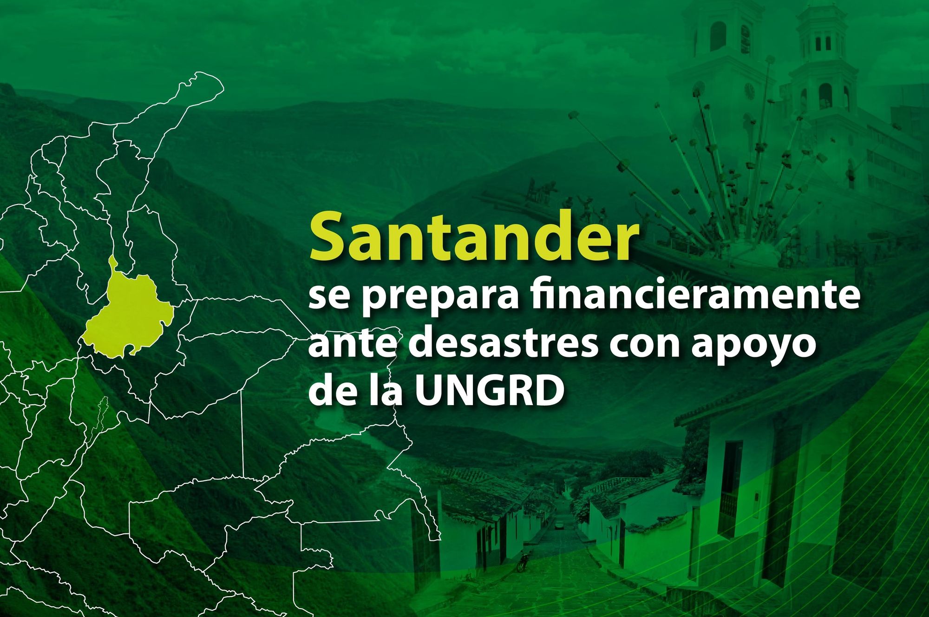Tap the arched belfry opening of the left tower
pos(718,36)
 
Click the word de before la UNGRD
pos(331,389)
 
